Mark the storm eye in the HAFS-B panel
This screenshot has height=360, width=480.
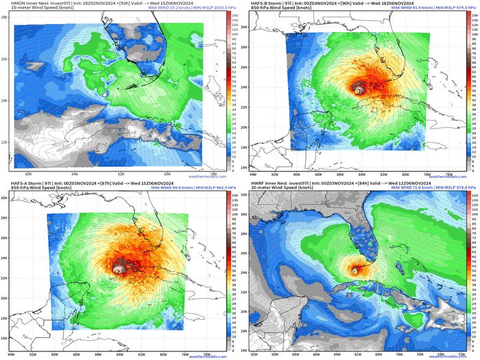click(359, 89)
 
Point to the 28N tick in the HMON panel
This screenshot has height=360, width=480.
click(5, 17)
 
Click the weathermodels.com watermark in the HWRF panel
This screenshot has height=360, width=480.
click(447, 356)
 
